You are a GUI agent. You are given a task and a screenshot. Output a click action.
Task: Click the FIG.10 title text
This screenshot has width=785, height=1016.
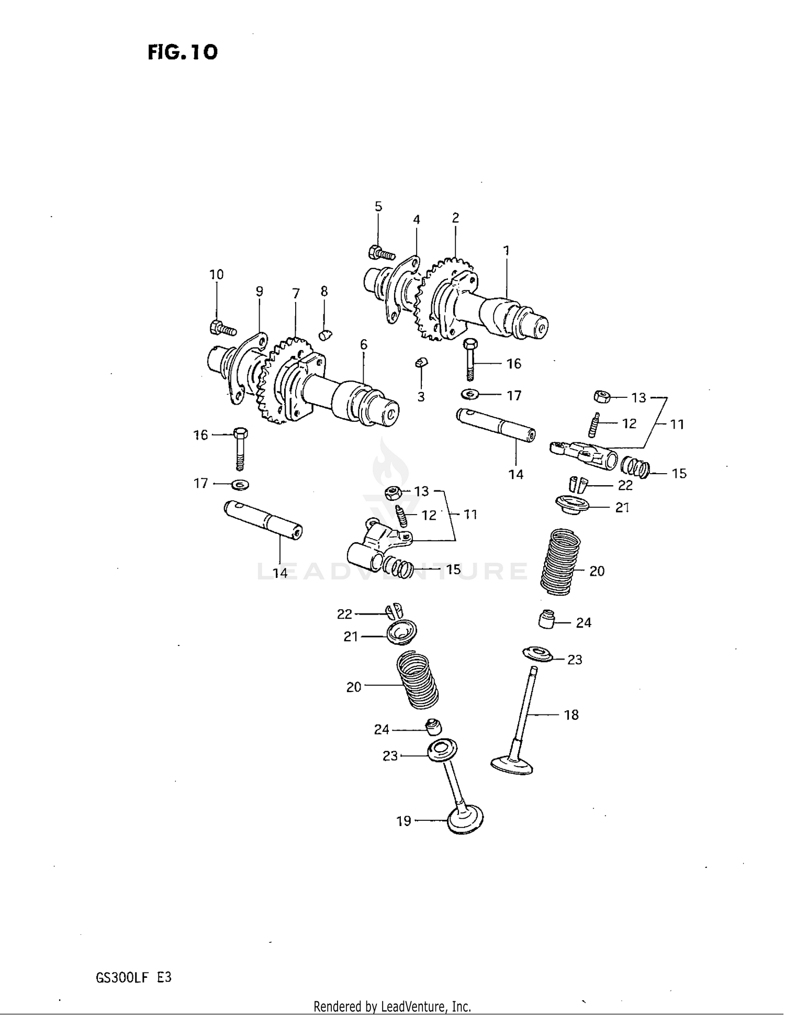click(182, 52)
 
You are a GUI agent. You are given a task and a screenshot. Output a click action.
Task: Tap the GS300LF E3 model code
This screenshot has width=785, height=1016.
click(133, 977)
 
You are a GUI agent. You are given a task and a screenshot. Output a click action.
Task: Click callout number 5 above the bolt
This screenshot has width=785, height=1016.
click(378, 207)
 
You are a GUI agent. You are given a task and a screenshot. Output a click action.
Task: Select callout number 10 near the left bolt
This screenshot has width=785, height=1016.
click(216, 275)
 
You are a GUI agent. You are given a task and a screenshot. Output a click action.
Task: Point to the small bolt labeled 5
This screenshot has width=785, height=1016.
click(380, 253)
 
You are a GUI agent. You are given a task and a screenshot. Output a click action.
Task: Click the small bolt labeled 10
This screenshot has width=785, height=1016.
click(222, 329)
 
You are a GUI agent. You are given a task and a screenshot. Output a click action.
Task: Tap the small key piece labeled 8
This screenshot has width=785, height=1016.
click(326, 334)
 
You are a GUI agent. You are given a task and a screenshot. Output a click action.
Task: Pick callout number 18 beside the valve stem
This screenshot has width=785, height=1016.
click(571, 715)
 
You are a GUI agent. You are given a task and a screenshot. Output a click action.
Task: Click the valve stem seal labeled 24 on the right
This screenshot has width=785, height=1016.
click(546, 619)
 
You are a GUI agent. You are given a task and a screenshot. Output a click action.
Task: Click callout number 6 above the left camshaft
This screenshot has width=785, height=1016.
click(363, 345)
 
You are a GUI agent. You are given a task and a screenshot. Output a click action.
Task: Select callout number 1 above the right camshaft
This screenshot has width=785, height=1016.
click(506, 251)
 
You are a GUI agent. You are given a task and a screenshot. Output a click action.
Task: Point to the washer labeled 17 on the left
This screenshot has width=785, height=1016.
click(240, 484)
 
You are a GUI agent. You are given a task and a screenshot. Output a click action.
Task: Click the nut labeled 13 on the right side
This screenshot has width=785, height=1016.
click(602, 397)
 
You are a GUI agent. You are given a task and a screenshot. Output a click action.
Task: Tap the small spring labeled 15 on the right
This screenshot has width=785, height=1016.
click(635, 466)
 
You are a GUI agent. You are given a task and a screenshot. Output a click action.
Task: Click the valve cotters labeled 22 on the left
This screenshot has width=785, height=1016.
click(395, 610)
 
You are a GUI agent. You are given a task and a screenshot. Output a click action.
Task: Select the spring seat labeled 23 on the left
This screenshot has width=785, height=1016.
click(442, 751)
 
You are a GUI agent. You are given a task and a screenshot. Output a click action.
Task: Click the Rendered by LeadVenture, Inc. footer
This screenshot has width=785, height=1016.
click(392, 1006)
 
